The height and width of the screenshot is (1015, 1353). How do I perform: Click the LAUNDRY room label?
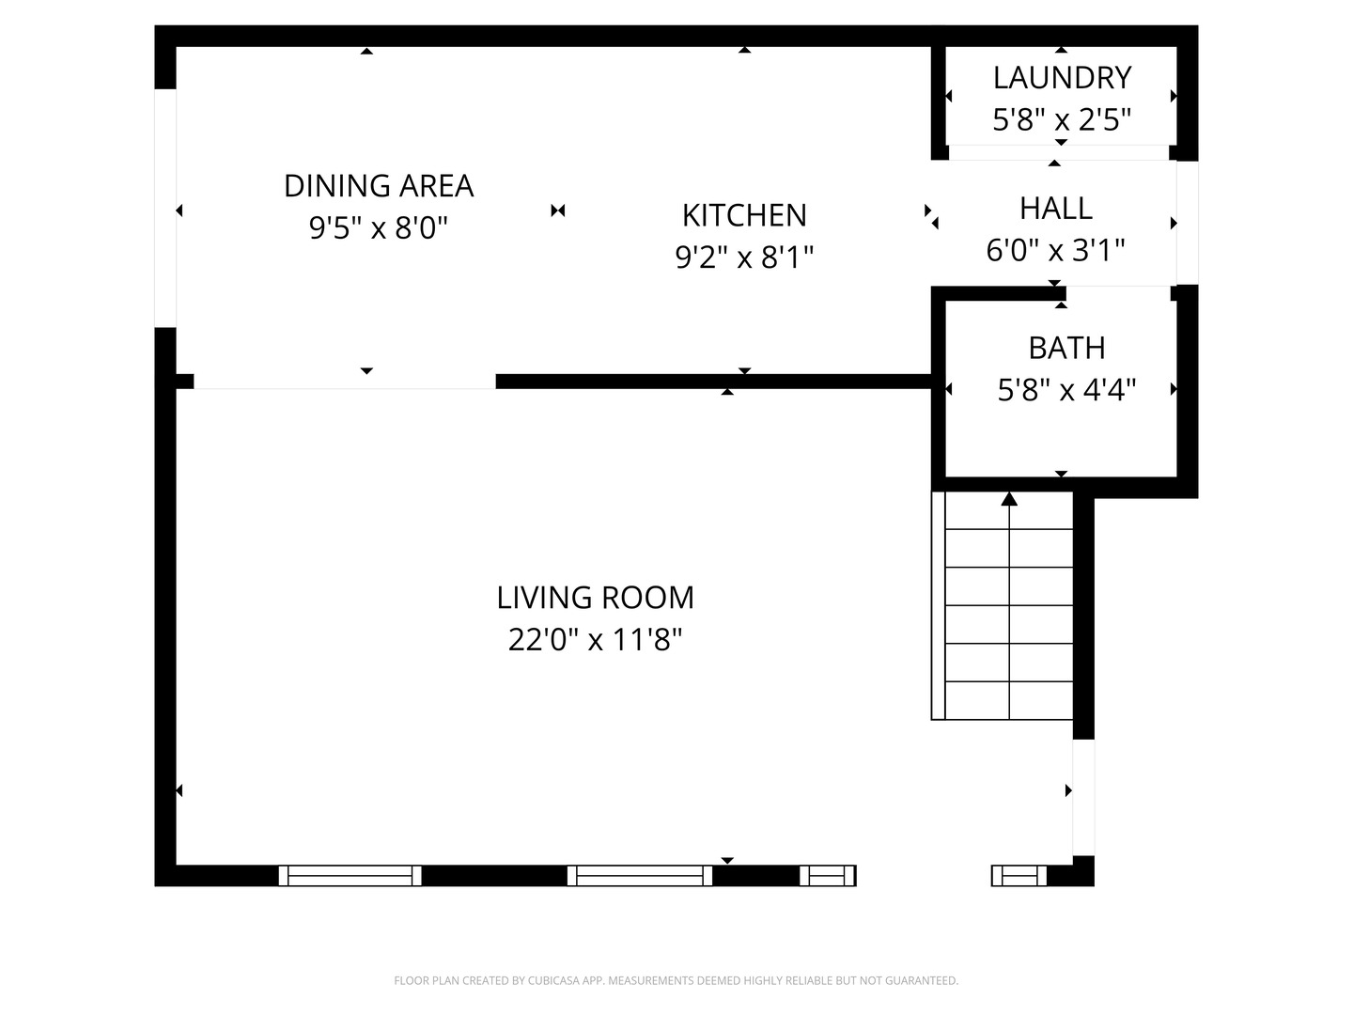point(1062,77)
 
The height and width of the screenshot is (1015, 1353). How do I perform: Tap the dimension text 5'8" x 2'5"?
point(1062,120)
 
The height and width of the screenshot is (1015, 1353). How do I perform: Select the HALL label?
point(1055,208)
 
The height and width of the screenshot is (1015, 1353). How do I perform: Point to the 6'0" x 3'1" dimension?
point(1055,251)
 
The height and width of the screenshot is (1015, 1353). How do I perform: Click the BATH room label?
point(1066,348)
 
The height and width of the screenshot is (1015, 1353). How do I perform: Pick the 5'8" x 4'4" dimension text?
point(1066,390)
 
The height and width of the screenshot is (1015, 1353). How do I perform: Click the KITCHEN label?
point(744,215)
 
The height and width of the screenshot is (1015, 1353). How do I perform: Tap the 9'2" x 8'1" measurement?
point(744,258)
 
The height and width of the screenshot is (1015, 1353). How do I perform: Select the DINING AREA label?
point(379,186)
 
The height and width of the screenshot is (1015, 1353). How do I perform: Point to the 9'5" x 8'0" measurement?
point(379,228)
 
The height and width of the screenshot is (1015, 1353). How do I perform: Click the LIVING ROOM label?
point(595,598)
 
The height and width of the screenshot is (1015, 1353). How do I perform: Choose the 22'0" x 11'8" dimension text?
point(595,640)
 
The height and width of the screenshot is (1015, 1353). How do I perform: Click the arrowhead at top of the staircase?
point(1009,499)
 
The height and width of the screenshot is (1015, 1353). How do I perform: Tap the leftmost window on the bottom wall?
point(350,876)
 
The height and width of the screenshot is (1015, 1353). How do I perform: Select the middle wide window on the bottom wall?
point(640,876)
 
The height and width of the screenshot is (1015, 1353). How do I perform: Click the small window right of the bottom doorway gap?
point(1019,876)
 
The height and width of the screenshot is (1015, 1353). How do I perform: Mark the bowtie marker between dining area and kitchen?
point(558,211)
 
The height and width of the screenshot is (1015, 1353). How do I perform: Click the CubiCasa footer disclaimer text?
point(676,981)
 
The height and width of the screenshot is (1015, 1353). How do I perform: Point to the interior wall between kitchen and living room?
point(714,382)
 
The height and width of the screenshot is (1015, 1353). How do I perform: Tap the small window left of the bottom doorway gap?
point(828,876)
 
